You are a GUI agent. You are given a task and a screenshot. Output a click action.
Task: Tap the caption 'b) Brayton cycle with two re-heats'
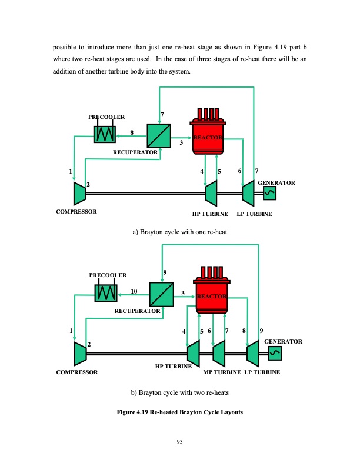point(179,393)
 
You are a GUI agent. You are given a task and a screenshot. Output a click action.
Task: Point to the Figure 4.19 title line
point(179,411)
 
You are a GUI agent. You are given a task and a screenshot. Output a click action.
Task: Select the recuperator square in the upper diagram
point(159,136)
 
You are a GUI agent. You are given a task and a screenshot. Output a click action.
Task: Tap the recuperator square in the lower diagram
point(161,294)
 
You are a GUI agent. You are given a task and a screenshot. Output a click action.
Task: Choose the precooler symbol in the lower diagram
point(106,294)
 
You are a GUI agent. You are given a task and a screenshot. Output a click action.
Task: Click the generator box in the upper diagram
point(270,192)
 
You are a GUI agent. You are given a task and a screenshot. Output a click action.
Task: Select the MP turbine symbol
point(219,352)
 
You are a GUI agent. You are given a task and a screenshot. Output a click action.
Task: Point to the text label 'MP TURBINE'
point(221,373)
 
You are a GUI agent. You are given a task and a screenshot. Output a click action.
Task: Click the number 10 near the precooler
point(134,291)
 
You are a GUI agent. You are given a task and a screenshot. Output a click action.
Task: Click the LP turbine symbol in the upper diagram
point(248,191)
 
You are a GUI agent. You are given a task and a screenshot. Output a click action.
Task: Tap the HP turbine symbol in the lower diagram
point(192,352)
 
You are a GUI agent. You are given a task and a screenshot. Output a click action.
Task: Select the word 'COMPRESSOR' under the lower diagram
point(77,373)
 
